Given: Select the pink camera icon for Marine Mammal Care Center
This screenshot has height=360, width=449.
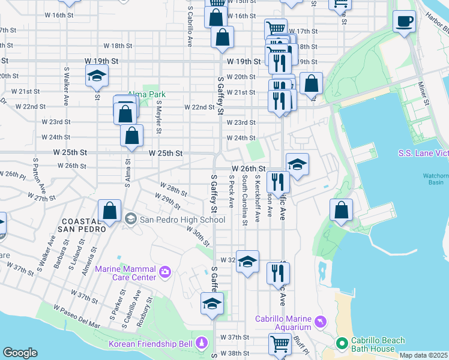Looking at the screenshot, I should (165, 274).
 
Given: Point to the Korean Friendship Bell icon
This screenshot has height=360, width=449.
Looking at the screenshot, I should (202, 344).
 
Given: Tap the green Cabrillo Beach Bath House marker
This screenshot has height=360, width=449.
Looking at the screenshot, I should (342, 344).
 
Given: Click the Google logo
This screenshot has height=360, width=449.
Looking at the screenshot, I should (20, 353).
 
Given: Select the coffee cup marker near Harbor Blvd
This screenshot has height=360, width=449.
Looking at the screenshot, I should (404, 22).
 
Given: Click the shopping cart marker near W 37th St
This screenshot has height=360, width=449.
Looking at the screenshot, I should (280, 344).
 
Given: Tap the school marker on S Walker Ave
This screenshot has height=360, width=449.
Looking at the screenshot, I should (96, 77).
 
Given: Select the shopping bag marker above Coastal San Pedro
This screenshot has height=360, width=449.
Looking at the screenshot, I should (109, 211).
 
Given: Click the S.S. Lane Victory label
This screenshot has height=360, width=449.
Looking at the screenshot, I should (423, 154).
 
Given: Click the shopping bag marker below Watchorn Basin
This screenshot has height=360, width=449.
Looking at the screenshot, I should (341, 211).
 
